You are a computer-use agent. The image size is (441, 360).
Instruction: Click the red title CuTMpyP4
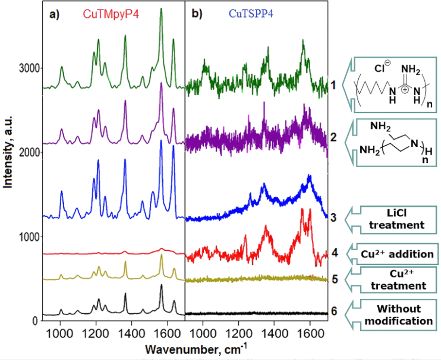[111, 14]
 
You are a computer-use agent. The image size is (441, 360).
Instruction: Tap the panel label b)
[196, 15]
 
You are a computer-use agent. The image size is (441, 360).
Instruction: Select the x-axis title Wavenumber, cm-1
[190, 348]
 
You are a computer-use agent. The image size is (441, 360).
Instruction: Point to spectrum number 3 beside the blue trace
[333, 217]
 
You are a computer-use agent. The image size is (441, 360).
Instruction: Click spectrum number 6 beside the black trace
[333, 311]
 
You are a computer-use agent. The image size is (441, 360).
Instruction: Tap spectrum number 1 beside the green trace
[333, 85]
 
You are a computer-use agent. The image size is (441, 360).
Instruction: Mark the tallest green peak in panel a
[161, 9]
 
